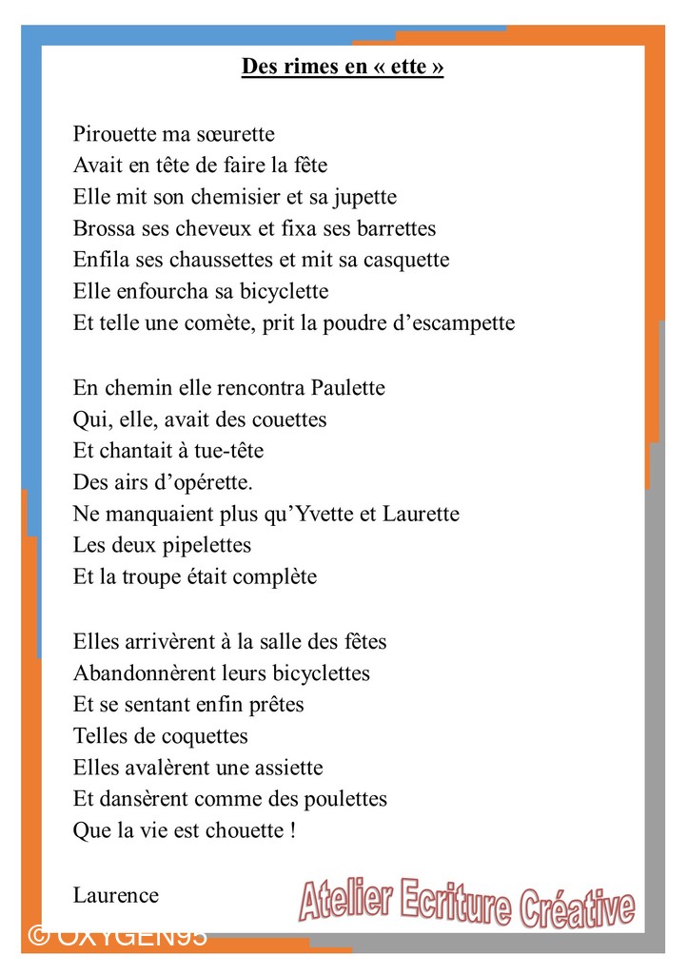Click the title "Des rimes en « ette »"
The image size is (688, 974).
pos(343,67)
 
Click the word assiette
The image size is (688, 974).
pos(285,768)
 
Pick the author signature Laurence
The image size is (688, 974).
pos(116,895)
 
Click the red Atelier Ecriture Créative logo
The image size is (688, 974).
pos(467,902)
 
